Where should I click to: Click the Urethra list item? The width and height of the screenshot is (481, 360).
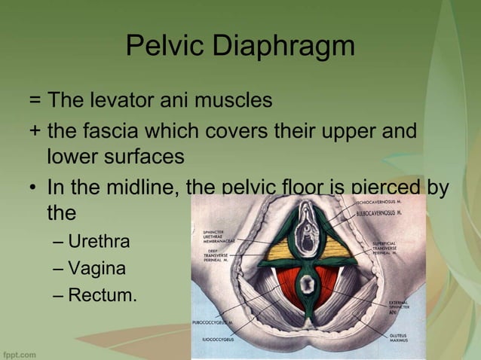99,242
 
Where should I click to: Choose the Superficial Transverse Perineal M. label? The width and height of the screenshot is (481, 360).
390,249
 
